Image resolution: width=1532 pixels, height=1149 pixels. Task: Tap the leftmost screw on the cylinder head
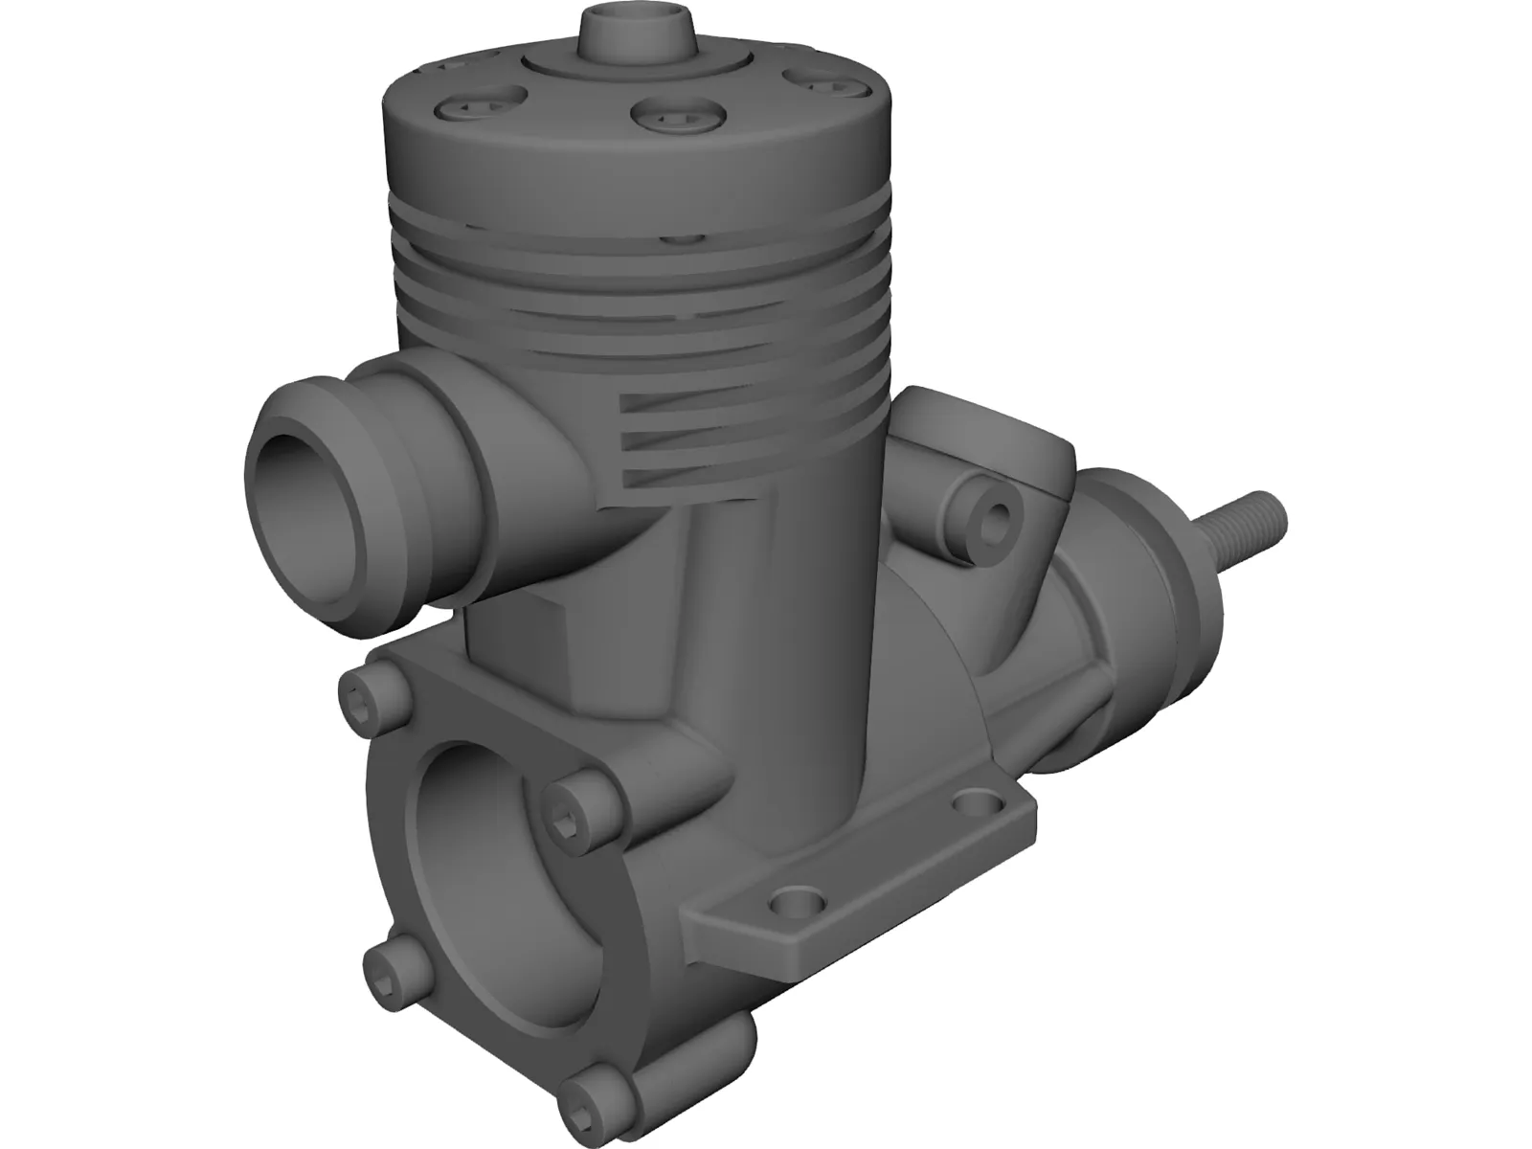(x=482, y=103)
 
